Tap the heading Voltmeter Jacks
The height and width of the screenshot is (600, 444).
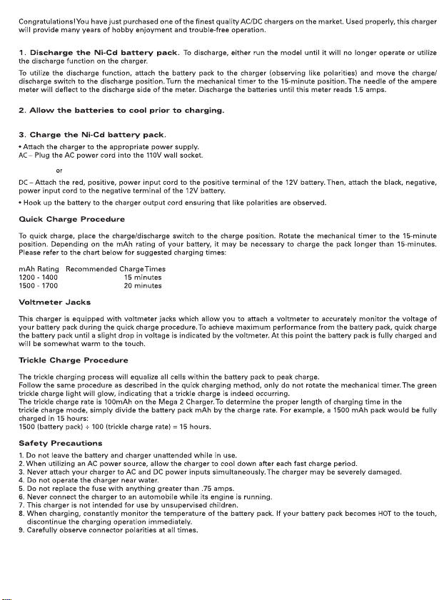coord(55,303)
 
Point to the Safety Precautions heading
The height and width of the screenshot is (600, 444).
coord(60,443)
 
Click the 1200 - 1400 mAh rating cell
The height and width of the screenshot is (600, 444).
coord(38,277)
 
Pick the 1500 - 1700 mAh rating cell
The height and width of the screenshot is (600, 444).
coord(38,285)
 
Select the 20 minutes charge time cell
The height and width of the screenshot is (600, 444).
coord(143,285)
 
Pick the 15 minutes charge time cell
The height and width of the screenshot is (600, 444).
coord(143,277)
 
